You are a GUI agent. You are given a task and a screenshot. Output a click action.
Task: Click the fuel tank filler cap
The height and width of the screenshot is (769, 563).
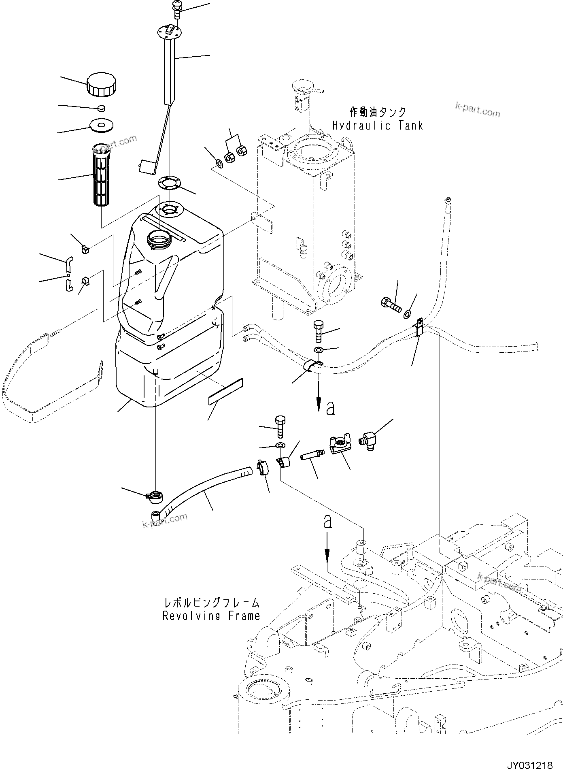click(101, 84)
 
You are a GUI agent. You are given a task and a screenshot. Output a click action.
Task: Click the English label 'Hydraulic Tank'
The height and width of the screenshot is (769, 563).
click(377, 126)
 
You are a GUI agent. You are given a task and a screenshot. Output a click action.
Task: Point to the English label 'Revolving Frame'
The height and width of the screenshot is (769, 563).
click(211, 616)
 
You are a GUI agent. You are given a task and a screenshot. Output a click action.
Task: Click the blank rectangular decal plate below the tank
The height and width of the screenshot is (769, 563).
click(225, 392)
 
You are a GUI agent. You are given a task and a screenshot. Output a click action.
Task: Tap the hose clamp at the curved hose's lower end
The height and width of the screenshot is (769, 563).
click(154, 496)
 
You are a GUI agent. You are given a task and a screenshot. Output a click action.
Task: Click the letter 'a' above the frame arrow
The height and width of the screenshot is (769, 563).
click(327, 522)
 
